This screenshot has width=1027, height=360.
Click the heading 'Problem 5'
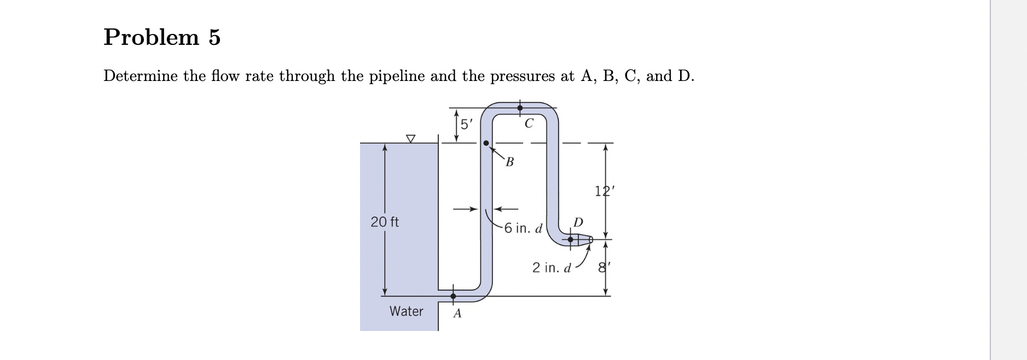[x=162, y=37]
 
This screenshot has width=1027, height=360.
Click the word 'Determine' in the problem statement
[x=141, y=76]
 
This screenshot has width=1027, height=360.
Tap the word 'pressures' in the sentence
[x=523, y=76]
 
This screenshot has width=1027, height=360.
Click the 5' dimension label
[x=466, y=124]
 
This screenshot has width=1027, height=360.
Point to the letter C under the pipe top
[x=528, y=124]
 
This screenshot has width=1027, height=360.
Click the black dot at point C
[x=520, y=108]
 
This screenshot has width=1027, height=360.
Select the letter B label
[x=510, y=162]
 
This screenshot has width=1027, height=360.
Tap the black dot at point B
[x=486, y=143]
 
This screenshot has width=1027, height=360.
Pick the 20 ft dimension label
[x=385, y=222]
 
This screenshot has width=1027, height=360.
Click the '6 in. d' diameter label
[x=523, y=228]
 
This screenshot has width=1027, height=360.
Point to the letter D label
[x=578, y=222]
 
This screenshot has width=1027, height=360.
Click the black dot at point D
[x=571, y=239]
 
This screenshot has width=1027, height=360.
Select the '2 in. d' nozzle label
[x=552, y=268]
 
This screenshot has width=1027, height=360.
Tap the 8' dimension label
[x=604, y=269]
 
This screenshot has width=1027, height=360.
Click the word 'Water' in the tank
[x=406, y=311]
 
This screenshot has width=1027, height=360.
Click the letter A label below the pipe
[x=457, y=314]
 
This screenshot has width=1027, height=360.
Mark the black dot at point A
[x=453, y=296]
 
